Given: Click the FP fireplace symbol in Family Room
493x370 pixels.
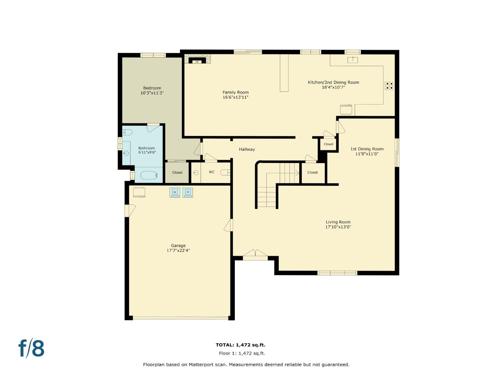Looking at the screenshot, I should [197, 62].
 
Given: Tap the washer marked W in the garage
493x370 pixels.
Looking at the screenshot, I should [175, 192].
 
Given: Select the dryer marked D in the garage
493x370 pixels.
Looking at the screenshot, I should [188, 192].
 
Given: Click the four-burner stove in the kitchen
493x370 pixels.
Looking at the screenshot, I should [389, 85].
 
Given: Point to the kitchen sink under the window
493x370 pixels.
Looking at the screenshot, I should [352, 60].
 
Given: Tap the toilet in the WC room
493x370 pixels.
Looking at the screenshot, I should [225, 172].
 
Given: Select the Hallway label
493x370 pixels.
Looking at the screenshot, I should [247, 149].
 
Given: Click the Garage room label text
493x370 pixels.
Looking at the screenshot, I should [178, 246].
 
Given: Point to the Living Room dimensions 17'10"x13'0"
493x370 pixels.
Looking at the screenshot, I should [338, 227].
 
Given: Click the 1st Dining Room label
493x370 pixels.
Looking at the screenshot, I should [367, 149].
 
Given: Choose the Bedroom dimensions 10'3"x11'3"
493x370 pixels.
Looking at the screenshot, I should [152, 93].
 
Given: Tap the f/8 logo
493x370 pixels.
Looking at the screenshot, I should [31, 348].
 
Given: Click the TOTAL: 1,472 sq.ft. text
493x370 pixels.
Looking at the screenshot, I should [240, 345].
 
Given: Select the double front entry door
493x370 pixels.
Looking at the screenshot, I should [255, 254].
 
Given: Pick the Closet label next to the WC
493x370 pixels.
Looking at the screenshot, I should [177, 172].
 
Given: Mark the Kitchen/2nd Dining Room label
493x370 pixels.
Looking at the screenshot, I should [333, 82].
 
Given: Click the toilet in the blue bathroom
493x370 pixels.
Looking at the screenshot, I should [127, 132].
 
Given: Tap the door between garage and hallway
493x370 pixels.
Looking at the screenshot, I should [229, 225].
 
